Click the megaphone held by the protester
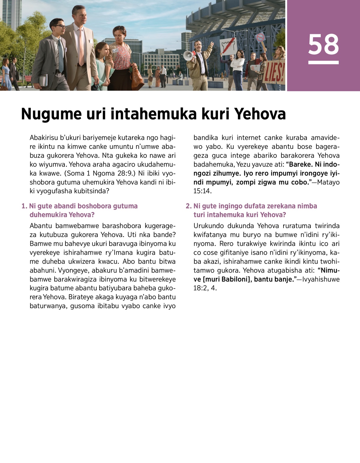(x=188, y=56)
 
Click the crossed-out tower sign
(x=227, y=45)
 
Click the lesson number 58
(x=323, y=45)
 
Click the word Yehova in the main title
(x=260, y=114)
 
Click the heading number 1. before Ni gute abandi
(x=24, y=206)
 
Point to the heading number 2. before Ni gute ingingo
(x=188, y=206)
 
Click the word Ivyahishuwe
(x=321, y=279)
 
